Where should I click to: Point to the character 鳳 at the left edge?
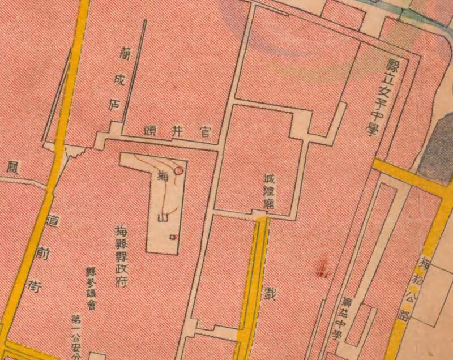[x=11, y=167]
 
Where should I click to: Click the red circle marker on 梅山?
[x=179, y=169]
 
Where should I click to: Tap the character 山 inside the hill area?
[x=162, y=216]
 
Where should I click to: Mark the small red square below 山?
[x=173, y=237]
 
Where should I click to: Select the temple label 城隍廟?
[x=268, y=191]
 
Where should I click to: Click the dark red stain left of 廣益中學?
[x=323, y=266]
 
